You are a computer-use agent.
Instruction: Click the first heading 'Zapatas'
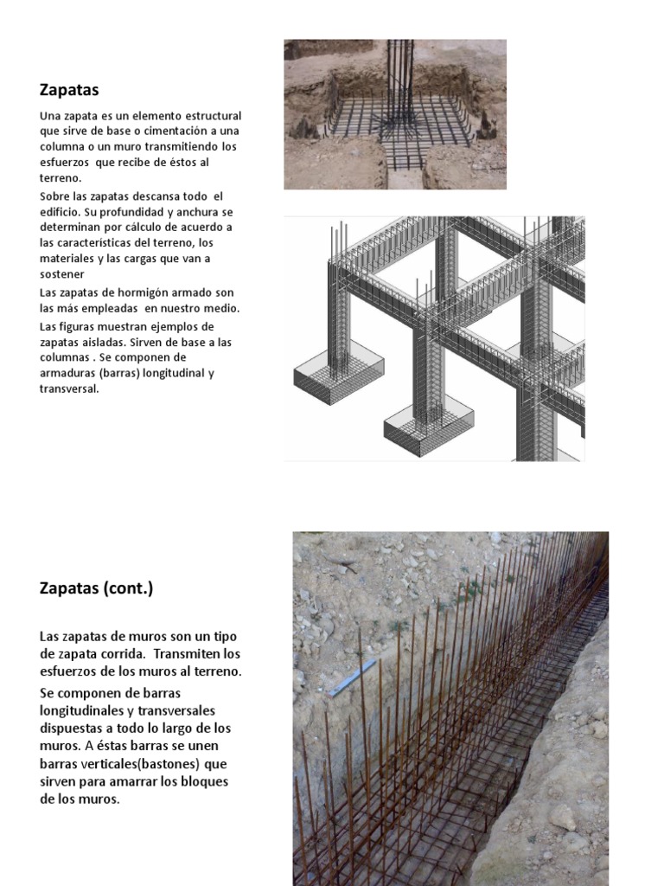point(69,89)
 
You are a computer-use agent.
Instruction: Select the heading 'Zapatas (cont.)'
point(96,588)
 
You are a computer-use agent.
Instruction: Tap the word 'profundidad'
point(113,212)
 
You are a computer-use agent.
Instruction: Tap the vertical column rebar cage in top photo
point(399,82)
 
